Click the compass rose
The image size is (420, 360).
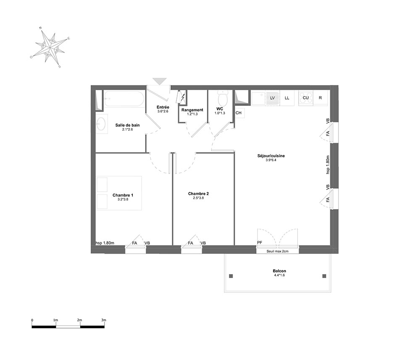50,47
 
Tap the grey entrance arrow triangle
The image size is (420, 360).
160,81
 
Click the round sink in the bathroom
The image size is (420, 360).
102,124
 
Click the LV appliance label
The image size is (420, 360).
273,98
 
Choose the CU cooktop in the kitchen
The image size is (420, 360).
305,98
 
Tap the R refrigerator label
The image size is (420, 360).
320,98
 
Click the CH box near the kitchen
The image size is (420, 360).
239,113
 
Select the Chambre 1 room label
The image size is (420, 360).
123,195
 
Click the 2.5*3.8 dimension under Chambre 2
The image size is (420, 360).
199,198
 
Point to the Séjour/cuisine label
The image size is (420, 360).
271,156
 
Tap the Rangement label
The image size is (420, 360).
192,110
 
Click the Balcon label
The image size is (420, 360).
279,271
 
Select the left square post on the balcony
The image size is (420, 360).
231,276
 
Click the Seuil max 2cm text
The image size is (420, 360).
278,251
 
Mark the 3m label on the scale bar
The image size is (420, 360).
104,320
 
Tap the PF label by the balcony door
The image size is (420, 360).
260,243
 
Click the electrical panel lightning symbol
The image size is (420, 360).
183,97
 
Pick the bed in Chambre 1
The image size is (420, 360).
119,193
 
